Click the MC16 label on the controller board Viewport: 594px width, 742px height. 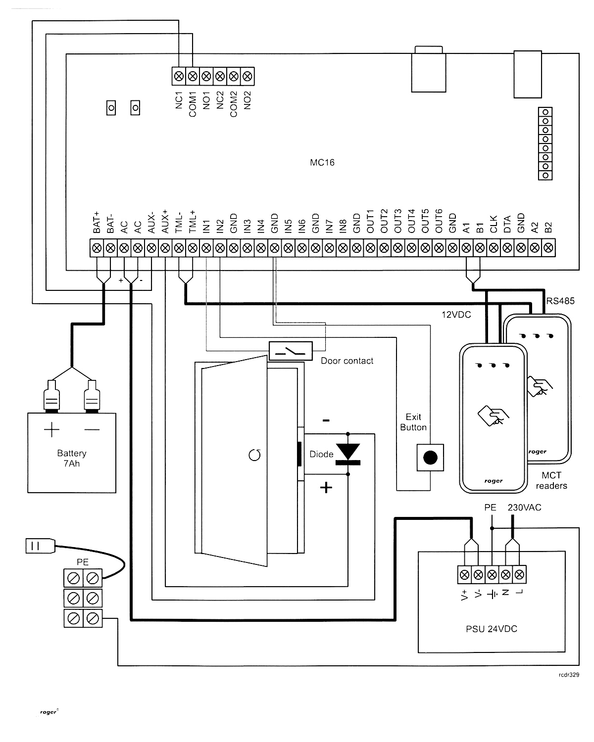click(322, 162)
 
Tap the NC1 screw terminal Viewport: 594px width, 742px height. click(179, 76)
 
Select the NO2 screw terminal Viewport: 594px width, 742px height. click(247, 76)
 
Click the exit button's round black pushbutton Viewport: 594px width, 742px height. click(430, 458)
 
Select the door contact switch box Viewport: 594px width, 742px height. click(291, 351)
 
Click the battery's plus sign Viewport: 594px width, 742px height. click(52, 429)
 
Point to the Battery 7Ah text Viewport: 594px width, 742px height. click(72, 458)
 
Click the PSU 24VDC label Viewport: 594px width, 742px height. click(492, 629)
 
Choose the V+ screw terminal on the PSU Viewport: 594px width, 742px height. click(465, 575)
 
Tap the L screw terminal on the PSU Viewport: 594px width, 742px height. click(519, 575)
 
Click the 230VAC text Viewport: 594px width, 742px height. click(525, 508)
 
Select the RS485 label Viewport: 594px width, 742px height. click(560, 301)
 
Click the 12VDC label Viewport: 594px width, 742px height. click(456, 315)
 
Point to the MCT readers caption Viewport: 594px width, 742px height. click(551, 480)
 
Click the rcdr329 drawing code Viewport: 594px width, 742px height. click(569, 674)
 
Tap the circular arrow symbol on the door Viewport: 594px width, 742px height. click(254, 455)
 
